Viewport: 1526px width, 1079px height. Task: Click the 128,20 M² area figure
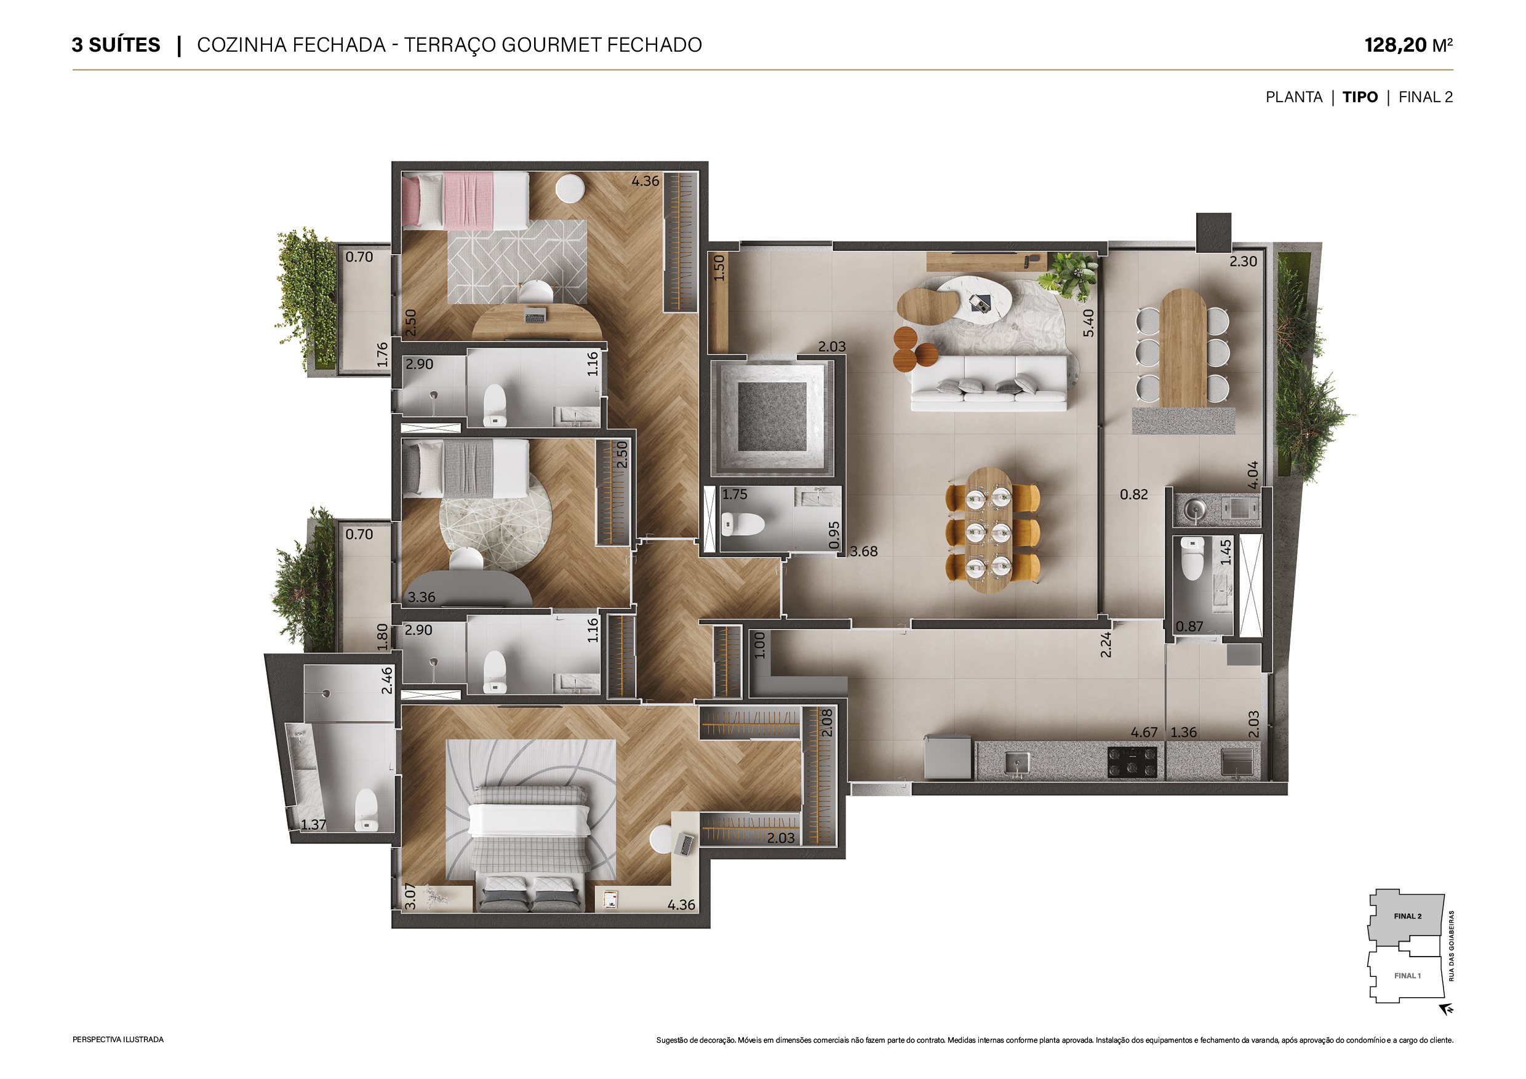pos(1408,45)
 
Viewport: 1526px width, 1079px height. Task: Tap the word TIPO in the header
pos(1360,97)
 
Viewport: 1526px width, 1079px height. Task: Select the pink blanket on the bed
pos(468,201)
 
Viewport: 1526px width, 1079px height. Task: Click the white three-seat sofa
pos(989,383)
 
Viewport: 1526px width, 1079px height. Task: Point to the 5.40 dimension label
pos(1088,323)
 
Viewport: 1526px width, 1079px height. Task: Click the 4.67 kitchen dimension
pos(1144,732)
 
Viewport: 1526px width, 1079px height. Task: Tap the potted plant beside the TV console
pos(1069,275)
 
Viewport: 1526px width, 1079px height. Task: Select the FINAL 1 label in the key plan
pos(1407,976)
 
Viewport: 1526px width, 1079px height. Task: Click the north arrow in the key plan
pos(1446,1009)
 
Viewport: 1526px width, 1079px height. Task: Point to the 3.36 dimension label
pos(421,597)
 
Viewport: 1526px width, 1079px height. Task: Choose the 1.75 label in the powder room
pos(735,495)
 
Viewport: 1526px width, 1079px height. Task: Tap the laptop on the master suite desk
pos(685,845)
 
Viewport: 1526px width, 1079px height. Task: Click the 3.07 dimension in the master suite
pos(410,896)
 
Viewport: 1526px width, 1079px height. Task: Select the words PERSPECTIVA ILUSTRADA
pos(118,1040)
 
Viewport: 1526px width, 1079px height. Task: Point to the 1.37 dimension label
pos(313,824)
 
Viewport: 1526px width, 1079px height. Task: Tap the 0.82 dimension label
pos(1134,495)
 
